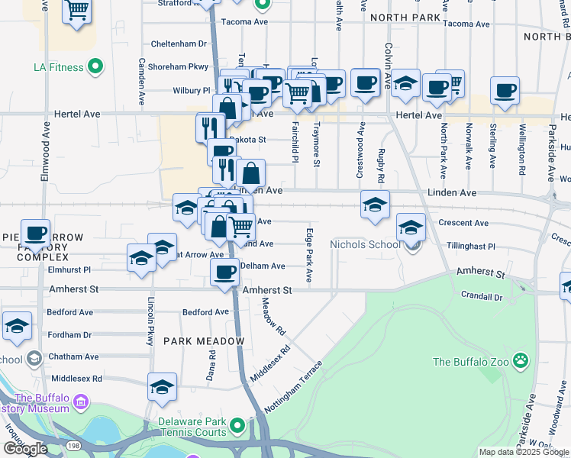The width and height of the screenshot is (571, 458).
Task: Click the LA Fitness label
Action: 58,67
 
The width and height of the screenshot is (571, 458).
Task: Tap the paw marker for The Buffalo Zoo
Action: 521,360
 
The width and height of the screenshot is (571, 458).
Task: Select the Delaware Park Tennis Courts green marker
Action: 237,424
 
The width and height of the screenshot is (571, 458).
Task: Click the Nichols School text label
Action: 364,245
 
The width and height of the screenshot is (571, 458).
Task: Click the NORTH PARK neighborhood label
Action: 405,17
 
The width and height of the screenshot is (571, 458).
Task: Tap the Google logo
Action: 25,449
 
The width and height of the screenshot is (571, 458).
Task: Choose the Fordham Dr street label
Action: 69,335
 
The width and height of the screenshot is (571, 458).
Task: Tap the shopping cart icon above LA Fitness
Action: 77,11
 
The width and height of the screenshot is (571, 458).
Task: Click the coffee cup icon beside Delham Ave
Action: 224,272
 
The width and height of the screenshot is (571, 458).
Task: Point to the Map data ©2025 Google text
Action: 524,452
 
